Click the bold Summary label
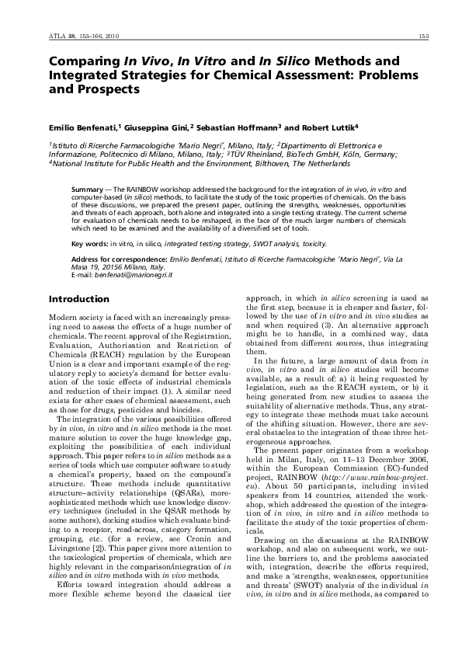point(87,189)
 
